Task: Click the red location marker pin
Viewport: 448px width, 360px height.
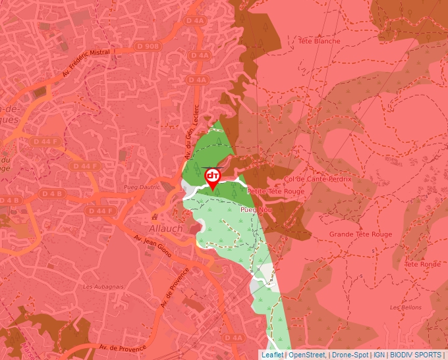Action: [x=213, y=178]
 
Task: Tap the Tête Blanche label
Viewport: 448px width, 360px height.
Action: [x=320, y=41]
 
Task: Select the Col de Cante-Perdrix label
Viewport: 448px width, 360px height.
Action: [x=318, y=179]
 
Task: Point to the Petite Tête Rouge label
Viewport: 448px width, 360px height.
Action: [x=275, y=192]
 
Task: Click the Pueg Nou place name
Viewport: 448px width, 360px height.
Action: [x=256, y=209]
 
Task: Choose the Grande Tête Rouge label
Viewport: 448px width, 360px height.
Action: [x=360, y=234]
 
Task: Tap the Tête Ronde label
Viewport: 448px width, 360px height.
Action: [x=422, y=264]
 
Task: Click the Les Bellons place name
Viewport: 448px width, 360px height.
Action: [x=405, y=307]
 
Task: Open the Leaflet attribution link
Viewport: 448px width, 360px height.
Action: [x=272, y=355]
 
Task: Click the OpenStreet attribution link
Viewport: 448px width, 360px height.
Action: [x=307, y=355]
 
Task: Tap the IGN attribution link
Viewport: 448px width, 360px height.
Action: [x=379, y=355]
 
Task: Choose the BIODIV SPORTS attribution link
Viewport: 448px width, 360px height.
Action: [x=416, y=355]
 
